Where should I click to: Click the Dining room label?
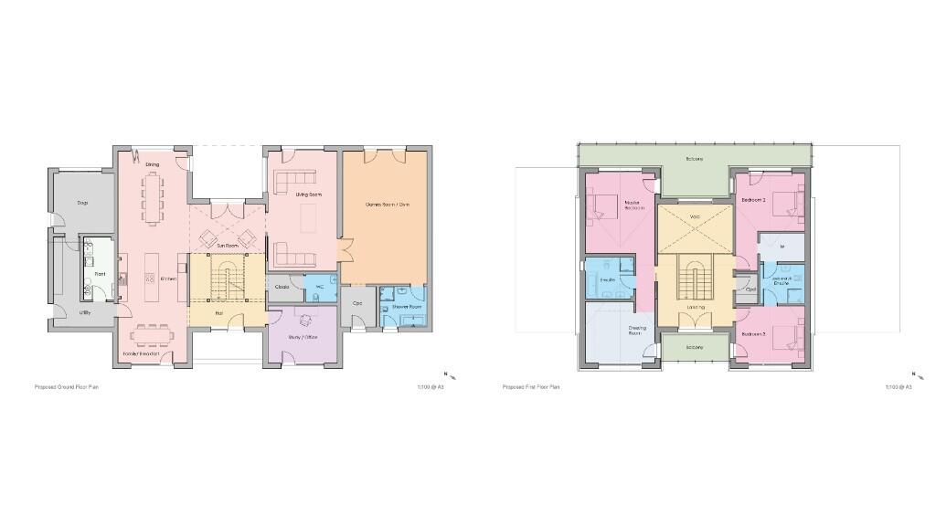tap(153, 164)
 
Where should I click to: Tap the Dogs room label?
tap(82, 203)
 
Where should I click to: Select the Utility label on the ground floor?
tap(84, 313)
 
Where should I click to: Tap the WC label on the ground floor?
tap(320, 287)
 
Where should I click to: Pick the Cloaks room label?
tap(282, 287)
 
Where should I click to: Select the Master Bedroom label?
tap(631, 205)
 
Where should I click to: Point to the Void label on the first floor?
tap(695, 216)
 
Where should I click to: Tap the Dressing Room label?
tap(637, 331)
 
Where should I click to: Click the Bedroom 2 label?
tap(753, 199)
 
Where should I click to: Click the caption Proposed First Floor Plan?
tap(531, 387)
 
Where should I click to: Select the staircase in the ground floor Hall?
tap(225, 279)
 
